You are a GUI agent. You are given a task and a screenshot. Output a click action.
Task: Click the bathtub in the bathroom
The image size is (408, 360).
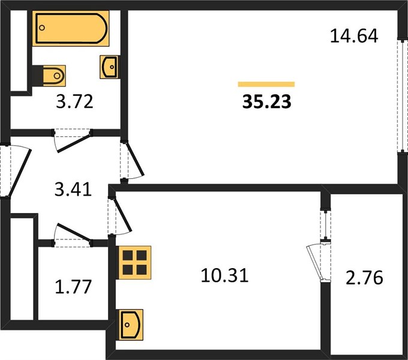coord(71,28)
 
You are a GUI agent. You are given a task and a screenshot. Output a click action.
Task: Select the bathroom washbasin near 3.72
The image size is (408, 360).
coord(110,67)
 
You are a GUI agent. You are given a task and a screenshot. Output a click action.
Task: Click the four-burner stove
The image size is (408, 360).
coord(134,263)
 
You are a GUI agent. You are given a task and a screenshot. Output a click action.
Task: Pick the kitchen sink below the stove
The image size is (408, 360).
coord(131,325)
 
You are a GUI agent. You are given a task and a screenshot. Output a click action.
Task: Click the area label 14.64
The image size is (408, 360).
coord(354,36)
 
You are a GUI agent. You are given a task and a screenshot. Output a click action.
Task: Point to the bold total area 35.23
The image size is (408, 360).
coord(267,102)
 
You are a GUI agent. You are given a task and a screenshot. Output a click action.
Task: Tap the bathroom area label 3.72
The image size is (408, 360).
coord(74,102)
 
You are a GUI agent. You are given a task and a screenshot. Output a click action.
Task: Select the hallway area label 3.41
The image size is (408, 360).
coord(73,189)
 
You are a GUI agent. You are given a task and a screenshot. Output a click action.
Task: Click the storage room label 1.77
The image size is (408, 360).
coord(73,286)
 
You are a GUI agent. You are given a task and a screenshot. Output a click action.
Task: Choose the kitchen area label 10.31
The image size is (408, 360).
coord(225,275)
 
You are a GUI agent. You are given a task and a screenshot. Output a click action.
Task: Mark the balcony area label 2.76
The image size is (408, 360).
coord(364,278)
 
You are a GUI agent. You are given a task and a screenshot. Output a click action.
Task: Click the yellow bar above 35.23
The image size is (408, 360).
coord(266,84)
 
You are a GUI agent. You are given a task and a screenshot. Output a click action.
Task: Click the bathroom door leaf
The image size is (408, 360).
coord(74,143)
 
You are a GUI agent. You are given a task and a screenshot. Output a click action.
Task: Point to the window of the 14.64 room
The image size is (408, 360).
coord(403,95)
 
